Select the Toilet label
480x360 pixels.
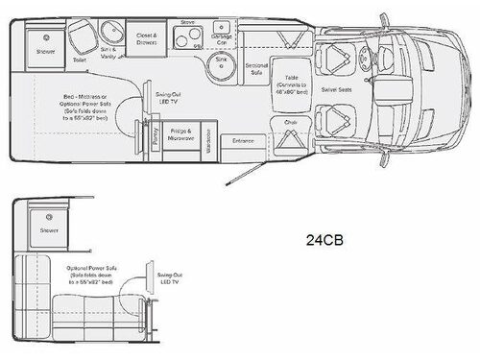81,60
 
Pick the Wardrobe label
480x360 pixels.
214,133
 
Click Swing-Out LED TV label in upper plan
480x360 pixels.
168,99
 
